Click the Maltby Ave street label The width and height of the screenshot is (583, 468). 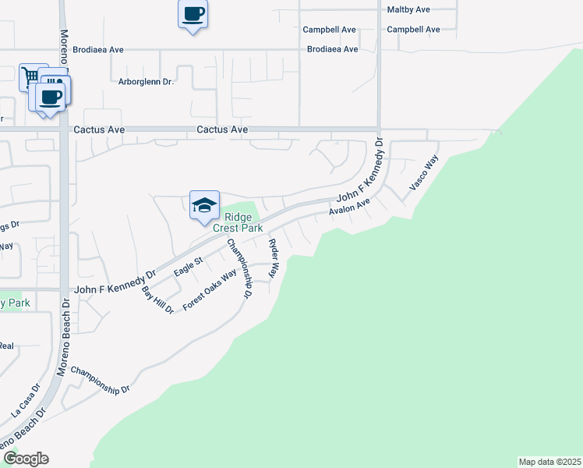click(x=408, y=9)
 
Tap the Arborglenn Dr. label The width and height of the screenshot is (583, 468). click(x=145, y=81)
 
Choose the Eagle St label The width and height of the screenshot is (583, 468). click(x=189, y=264)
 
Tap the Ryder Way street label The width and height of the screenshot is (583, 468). click(x=274, y=259)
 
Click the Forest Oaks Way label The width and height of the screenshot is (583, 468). click(x=209, y=291)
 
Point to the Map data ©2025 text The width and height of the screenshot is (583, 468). click(x=549, y=461)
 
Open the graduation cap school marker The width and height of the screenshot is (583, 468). click(x=204, y=205)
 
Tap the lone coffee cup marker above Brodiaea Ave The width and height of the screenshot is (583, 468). click(x=193, y=13)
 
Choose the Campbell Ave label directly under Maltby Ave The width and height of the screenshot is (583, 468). click(x=413, y=30)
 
